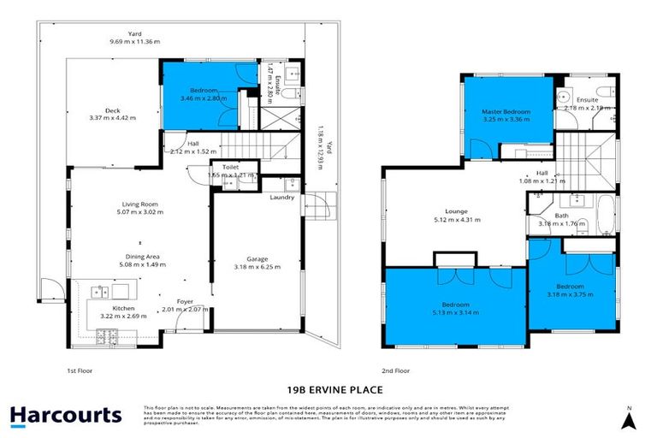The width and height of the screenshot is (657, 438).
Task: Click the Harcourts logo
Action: point(66,417)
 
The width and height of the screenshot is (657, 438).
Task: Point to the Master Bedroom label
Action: point(506,112)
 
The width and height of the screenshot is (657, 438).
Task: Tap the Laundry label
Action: point(281,198)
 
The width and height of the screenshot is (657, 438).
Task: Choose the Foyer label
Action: point(184,300)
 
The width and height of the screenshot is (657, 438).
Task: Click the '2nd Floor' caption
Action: point(396,370)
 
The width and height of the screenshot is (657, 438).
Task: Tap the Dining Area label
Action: point(141,256)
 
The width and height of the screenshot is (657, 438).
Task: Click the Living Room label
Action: point(140,204)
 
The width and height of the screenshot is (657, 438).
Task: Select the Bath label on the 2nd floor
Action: point(561,216)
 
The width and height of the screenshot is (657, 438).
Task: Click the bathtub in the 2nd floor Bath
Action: point(605,214)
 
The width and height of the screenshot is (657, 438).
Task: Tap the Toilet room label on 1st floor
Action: point(230,168)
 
